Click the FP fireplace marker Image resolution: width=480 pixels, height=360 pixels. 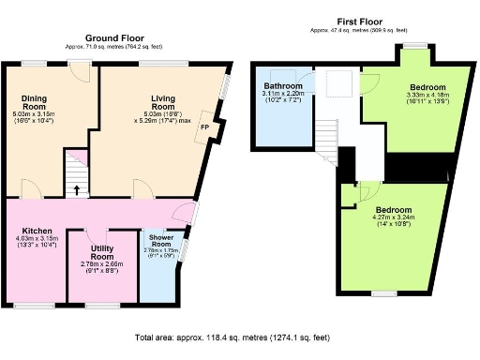[203, 132]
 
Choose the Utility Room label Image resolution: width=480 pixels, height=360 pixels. [103, 251]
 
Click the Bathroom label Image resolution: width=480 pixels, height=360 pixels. [282, 85]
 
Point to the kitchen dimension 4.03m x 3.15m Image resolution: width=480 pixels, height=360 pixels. [38, 239]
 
